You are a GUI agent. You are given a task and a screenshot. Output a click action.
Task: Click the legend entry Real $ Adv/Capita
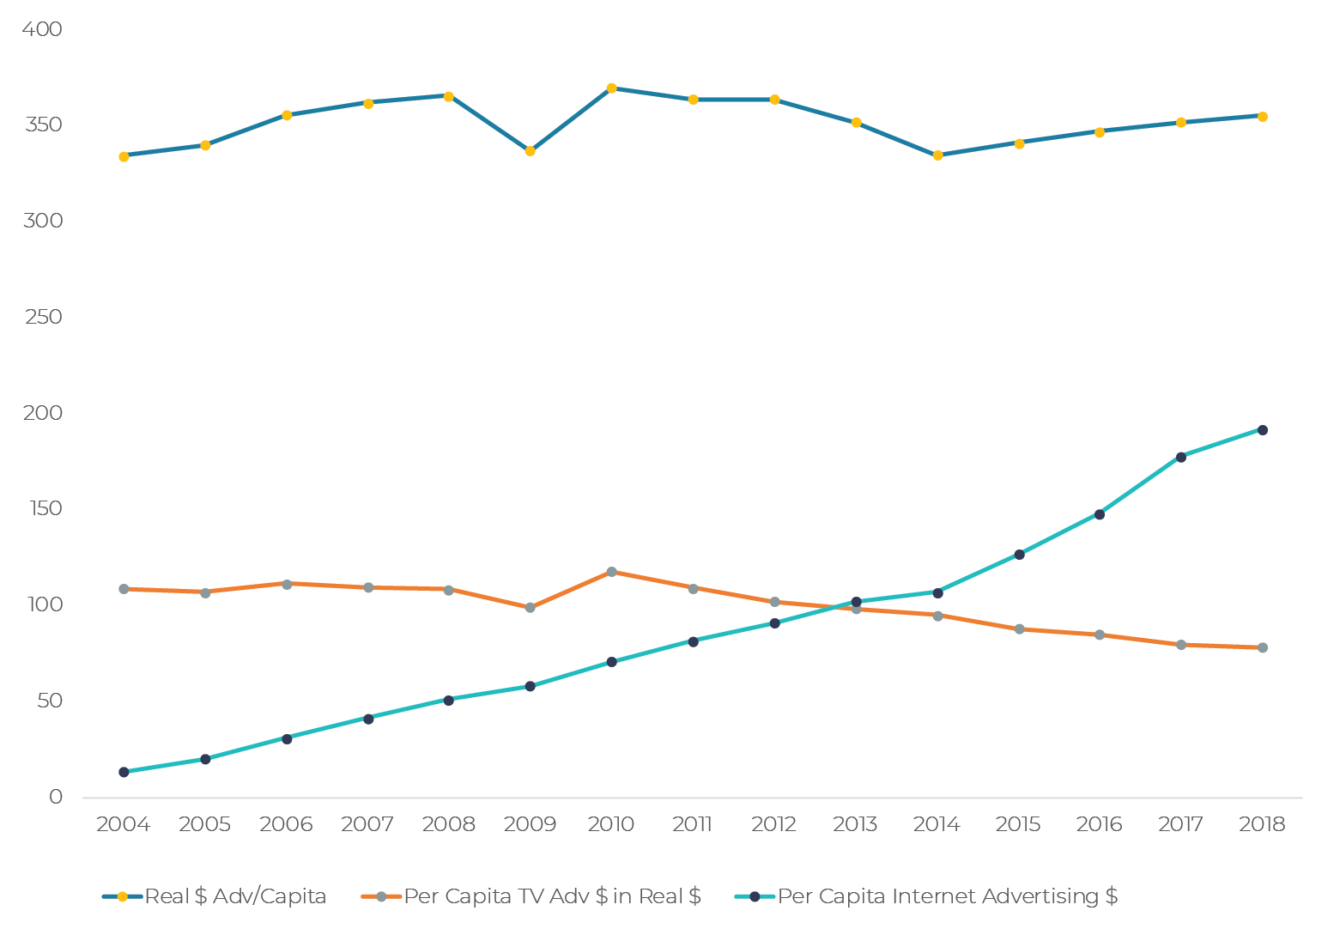pos(215,896)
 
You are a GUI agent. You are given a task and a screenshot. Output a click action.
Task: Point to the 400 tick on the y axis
pos(42,29)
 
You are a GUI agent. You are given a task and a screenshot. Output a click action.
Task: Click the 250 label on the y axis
pos(42,317)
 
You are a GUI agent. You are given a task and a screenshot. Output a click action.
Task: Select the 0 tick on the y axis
pos(56,797)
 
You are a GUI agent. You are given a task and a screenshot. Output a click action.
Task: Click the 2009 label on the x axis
pos(530,825)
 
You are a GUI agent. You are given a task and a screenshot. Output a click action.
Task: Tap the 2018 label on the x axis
pos(1262,825)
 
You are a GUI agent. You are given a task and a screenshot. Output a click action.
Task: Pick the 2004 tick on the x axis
pos(123,825)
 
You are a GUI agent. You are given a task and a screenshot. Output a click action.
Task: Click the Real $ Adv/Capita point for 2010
pos(611,88)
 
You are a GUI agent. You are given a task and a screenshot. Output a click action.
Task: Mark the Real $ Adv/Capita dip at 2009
pos(530,151)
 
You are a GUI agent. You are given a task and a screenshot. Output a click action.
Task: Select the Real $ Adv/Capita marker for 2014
pos(937,155)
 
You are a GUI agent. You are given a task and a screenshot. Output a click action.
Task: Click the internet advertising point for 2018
pos(1262,430)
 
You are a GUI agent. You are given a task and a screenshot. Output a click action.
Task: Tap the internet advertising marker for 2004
pos(124,772)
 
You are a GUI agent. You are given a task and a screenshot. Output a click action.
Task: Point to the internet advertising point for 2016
pos(1099,514)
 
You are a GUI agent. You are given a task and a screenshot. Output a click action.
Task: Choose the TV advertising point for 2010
pos(611,572)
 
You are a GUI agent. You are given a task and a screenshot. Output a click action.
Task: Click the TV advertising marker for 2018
pos(1262,647)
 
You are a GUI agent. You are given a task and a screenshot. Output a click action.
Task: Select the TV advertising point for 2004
pos(124,589)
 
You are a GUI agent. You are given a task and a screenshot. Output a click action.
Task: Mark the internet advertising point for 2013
pos(856,602)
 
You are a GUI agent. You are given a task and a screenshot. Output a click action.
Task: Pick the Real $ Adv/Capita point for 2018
pos(1262,117)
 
